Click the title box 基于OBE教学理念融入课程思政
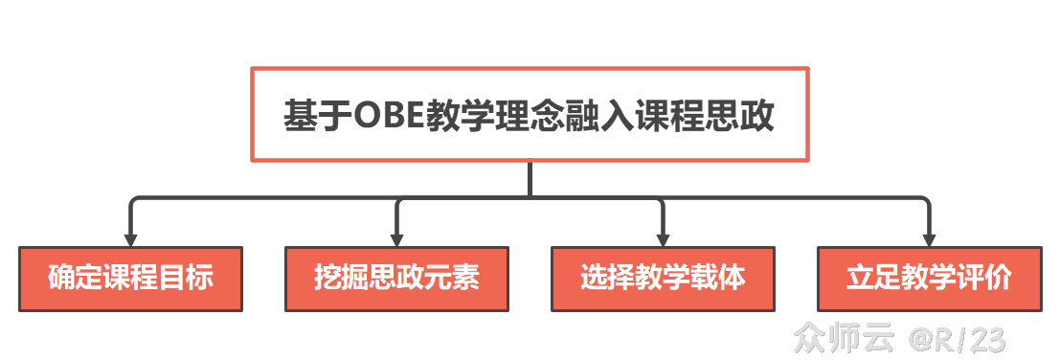pyautogui.click(x=530, y=114)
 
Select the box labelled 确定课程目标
pyautogui.click(x=130, y=279)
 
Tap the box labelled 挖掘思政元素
pyautogui.click(x=396, y=279)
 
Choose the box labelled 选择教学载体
pyautogui.click(x=663, y=279)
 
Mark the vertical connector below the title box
pyautogui.click(x=530, y=179)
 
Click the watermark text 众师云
pyautogui.click(x=843, y=337)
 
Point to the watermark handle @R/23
pyautogui.click(x=958, y=337)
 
